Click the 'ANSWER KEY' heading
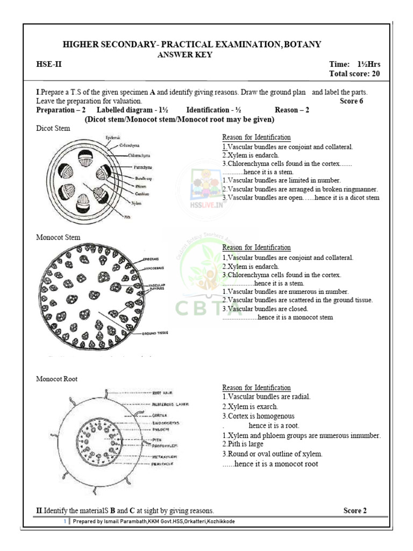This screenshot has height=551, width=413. [184, 54]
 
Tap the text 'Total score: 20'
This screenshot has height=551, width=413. [354, 74]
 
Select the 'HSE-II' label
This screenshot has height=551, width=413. [48, 65]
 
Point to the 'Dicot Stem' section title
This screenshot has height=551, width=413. [53, 129]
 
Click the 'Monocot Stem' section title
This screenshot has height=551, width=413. [58, 237]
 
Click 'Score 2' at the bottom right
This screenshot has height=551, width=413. [355, 511]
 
